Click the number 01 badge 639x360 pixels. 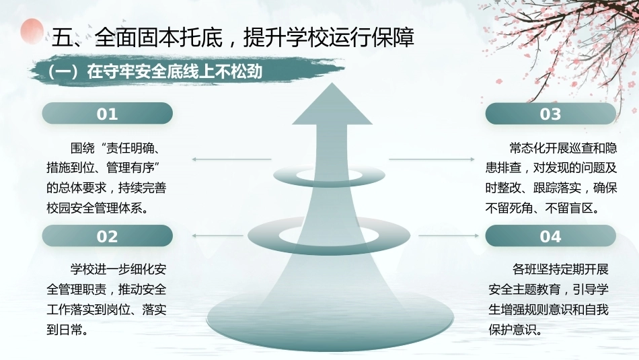(x=107, y=113)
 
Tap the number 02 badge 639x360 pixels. (x=107, y=236)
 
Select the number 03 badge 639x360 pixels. (x=551, y=113)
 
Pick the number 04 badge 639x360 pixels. (x=551, y=236)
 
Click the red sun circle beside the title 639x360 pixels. (x=32, y=31)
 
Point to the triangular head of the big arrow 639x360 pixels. (x=332, y=105)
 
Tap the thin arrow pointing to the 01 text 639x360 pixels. (x=231, y=159)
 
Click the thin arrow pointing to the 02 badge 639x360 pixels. (x=217, y=236)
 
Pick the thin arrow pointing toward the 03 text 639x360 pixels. (x=432, y=159)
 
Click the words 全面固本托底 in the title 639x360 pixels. (x=158, y=38)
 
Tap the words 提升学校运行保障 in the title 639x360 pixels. (x=328, y=38)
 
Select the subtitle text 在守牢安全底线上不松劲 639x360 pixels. (x=174, y=72)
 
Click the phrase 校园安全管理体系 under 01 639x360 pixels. (x=94, y=208)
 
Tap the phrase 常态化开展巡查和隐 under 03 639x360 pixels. (x=563, y=147)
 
